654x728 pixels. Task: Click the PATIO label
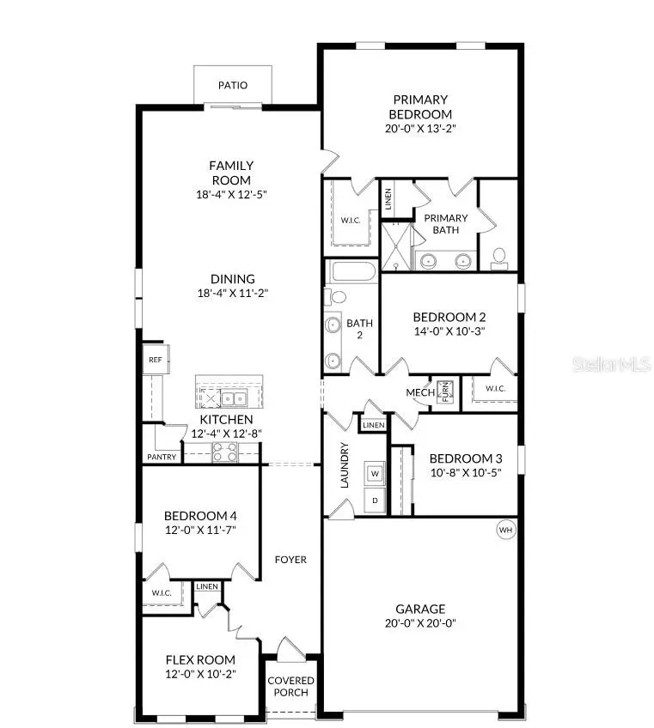click(232, 85)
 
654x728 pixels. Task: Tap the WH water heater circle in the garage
click(505, 531)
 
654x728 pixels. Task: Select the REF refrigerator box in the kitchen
click(156, 360)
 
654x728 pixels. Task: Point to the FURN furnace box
click(445, 391)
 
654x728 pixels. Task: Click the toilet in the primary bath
click(498, 257)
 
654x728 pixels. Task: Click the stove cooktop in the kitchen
click(224, 452)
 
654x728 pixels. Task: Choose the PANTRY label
click(162, 458)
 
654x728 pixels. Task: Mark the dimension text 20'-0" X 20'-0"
click(420, 623)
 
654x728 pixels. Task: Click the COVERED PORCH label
click(290, 687)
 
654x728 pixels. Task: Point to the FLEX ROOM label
click(200, 660)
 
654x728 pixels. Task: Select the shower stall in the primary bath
click(398, 246)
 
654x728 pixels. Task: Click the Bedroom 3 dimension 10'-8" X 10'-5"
click(464, 472)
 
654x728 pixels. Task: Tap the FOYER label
click(290, 560)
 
